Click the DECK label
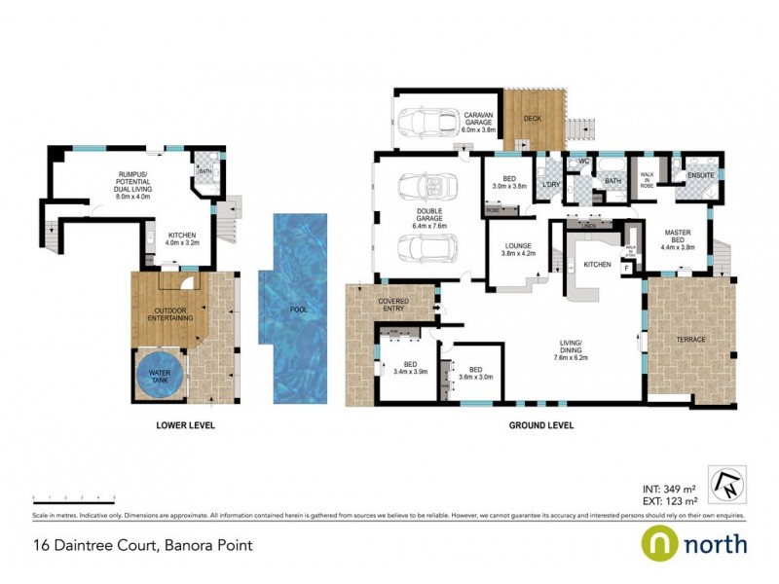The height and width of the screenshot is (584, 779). pos(532,119)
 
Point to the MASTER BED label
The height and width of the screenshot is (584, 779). pos(677,240)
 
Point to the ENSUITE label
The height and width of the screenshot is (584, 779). pos(701,175)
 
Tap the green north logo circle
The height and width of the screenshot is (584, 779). pos(659,543)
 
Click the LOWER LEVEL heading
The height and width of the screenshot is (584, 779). pos(185,425)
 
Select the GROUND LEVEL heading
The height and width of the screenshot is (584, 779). pos(541,425)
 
